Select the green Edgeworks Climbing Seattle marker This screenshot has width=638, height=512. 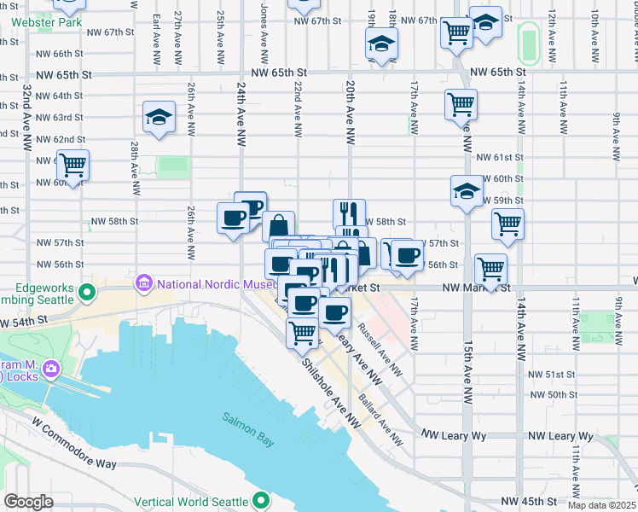(86, 294)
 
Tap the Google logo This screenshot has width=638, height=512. (28, 502)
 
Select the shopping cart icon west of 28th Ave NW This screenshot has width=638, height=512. (72, 164)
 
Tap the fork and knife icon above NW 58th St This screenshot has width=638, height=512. (349, 212)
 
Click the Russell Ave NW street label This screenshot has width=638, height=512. (380, 349)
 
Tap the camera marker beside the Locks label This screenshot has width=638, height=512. (51, 369)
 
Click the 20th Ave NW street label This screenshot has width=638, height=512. (350, 110)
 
